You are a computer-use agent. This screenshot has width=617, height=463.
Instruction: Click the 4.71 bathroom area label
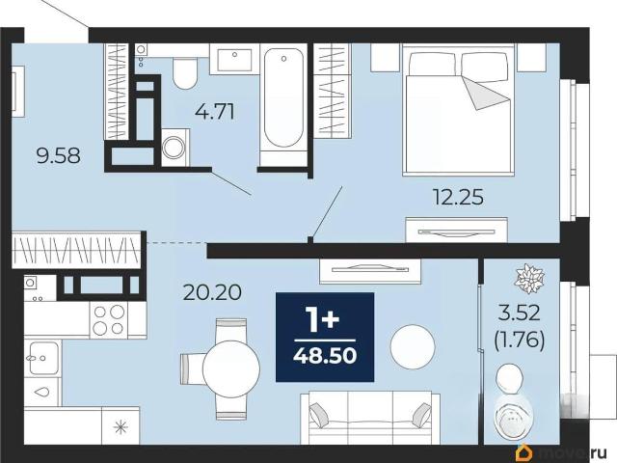click(215, 112)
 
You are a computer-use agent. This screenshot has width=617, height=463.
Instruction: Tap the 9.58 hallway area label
click(58, 155)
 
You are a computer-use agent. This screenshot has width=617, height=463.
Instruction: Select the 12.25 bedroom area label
click(458, 197)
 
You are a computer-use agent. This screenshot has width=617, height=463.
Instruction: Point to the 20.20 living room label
click(212, 292)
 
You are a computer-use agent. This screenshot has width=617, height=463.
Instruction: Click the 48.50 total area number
click(325, 356)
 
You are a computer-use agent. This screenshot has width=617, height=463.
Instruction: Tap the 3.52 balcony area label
click(520, 313)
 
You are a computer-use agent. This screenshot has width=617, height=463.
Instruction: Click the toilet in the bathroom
click(184, 73)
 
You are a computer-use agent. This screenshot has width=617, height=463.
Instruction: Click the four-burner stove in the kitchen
click(109, 319)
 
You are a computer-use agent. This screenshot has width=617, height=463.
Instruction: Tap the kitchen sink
click(42, 358)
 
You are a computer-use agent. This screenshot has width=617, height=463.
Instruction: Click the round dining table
click(231, 368)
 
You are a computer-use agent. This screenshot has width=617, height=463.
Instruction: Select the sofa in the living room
click(370, 418)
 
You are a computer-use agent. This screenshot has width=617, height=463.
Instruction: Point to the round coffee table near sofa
click(413, 347)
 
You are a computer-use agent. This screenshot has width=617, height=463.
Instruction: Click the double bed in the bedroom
click(459, 110)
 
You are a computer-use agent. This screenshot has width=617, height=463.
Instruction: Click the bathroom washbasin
click(234, 60)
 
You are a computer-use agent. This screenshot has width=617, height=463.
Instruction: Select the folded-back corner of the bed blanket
click(484, 94)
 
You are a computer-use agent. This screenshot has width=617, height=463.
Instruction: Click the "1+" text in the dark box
click(324, 319)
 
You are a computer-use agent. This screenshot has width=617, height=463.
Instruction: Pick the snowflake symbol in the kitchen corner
click(121, 427)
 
